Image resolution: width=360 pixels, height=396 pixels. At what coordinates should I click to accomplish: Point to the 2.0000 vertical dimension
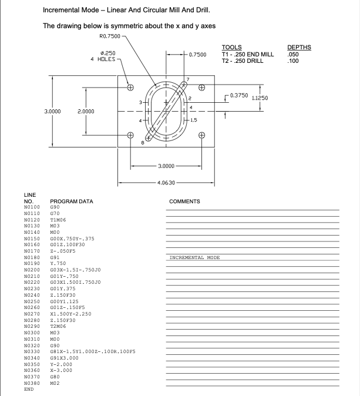tap(86, 111)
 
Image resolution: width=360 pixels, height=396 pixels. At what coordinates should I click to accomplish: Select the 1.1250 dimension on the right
tap(260, 98)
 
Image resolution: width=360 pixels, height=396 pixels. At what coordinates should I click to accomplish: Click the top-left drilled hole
tap(130, 88)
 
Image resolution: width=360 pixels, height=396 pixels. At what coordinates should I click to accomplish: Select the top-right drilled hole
tap(201, 88)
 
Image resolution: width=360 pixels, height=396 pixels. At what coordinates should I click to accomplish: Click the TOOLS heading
tap(231, 48)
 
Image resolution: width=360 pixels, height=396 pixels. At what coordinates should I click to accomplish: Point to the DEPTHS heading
tap(299, 48)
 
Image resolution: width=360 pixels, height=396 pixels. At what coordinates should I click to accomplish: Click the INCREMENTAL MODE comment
tap(194, 257)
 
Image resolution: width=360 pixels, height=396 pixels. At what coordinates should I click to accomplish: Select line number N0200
tap(32, 269)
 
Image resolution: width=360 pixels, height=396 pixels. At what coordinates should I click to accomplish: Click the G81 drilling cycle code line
tap(93, 351)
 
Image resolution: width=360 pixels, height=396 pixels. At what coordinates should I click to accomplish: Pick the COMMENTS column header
tap(184, 201)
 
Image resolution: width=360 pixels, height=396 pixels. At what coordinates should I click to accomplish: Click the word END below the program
tap(28, 389)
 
